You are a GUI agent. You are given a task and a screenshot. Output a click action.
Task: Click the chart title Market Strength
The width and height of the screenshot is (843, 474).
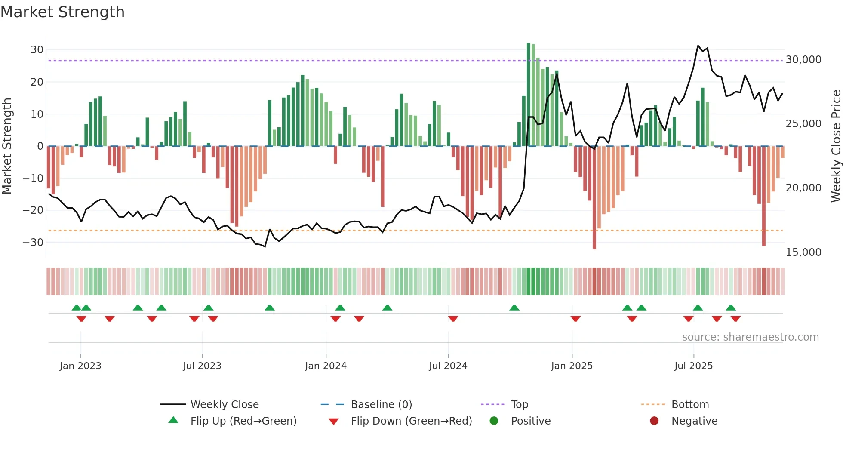[62, 12]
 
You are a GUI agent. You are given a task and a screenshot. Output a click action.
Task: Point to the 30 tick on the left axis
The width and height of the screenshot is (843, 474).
[37, 50]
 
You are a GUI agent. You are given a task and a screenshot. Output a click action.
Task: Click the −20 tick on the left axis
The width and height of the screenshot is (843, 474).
[33, 210]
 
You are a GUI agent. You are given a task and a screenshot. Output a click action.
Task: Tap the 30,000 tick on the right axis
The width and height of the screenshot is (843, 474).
[803, 60]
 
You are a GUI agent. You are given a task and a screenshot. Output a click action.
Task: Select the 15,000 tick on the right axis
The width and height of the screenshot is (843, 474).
[803, 252]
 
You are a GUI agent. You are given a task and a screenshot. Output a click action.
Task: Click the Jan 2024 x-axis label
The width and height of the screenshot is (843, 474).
[326, 366]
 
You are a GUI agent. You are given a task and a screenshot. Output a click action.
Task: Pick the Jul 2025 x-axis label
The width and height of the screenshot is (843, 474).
[693, 366]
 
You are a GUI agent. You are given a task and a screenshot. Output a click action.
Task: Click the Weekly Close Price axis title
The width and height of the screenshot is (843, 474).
[836, 146]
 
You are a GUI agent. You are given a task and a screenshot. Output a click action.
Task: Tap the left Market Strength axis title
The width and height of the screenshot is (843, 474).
[7, 146]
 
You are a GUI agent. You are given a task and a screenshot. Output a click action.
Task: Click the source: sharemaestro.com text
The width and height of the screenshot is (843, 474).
[750, 337]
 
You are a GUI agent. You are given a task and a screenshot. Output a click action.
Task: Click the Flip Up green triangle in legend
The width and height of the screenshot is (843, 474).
[173, 420]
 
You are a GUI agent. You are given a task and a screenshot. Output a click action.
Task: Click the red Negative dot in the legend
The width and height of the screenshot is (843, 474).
[654, 421]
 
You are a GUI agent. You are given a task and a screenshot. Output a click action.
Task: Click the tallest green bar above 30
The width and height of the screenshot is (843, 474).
[529, 95]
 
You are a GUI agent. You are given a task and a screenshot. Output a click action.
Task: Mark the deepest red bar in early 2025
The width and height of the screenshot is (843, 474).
[594, 198]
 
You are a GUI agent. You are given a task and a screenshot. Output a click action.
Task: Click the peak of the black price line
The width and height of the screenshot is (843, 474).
[698, 46]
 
